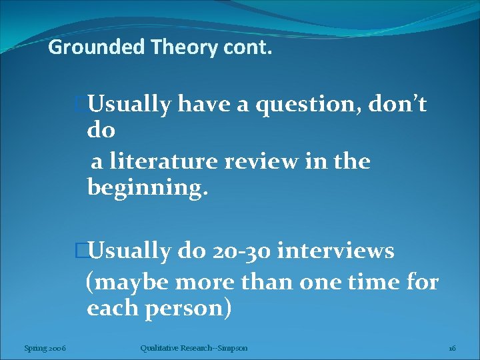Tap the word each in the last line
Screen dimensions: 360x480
[111, 309]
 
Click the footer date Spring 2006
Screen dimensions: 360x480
[44, 348]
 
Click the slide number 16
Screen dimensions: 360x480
[452, 348]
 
